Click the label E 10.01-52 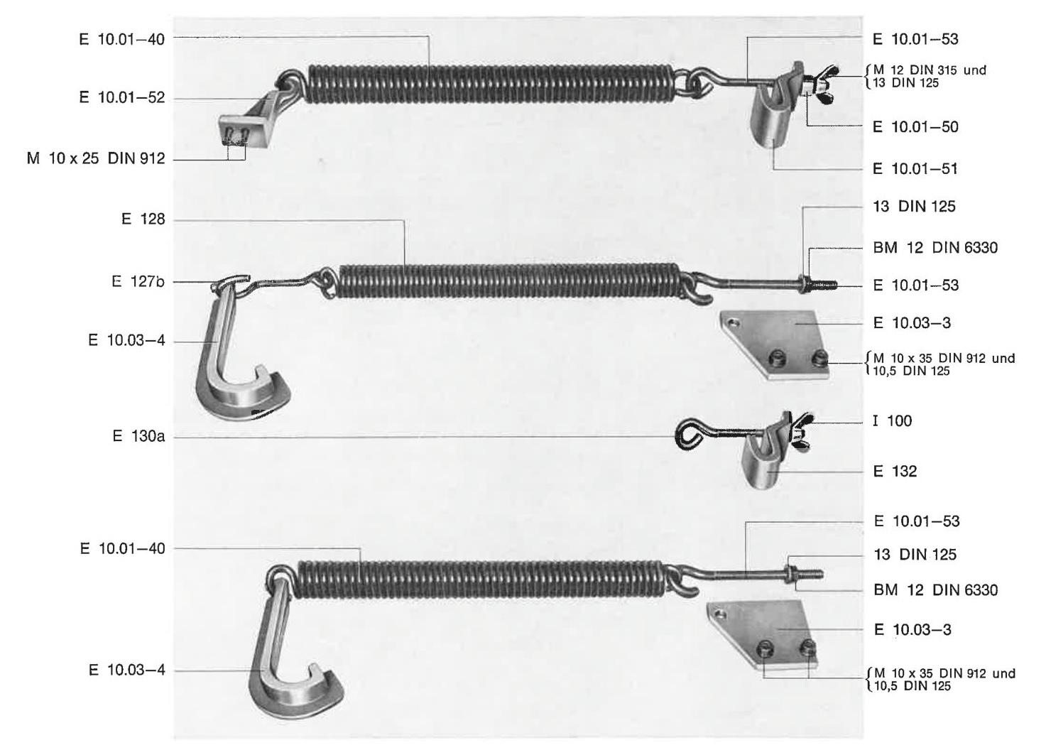122,97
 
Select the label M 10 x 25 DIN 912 96,159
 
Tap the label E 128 143,219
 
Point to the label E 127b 138,281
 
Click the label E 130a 139,436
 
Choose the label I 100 893,420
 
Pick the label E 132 895,471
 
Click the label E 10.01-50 916,127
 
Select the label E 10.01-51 915,168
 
